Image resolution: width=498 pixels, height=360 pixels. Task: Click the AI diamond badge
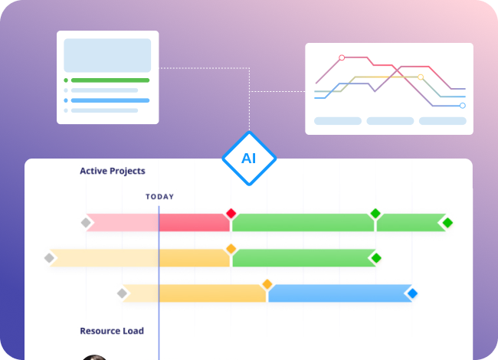tap(249, 158)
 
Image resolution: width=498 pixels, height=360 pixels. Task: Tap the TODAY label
tap(160, 197)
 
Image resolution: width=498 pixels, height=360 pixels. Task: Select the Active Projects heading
tap(113, 171)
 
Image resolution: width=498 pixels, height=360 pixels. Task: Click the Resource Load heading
tap(112, 331)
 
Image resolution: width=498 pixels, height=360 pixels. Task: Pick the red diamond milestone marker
tap(231, 214)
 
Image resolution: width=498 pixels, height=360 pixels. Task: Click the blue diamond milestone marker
tap(412, 293)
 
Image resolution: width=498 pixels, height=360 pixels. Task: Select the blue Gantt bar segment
tap(340, 293)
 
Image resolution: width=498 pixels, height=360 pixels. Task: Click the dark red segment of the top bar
tap(194, 222)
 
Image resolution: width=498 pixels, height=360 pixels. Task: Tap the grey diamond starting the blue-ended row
tap(122, 293)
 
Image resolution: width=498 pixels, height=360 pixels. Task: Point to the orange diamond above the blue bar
tap(267, 284)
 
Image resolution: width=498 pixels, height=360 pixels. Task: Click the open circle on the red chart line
tap(342, 57)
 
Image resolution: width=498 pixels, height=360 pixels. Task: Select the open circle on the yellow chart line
tap(421, 77)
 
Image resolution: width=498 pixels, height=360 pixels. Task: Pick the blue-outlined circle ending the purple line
tap(463, 106)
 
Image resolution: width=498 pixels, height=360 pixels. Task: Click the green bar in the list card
tap(110, 80)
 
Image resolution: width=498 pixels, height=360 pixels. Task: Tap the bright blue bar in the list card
tap(110, 100)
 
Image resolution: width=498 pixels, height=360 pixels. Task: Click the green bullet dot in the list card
tap(66, 80)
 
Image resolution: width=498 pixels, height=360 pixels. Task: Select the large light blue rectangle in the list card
tap(107, 55)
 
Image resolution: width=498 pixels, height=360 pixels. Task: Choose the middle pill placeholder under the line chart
tap(390, 121)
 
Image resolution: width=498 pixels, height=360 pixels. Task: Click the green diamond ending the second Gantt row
tap(376, 258)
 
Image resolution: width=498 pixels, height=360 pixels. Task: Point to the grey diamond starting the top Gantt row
tap(86, 223)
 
